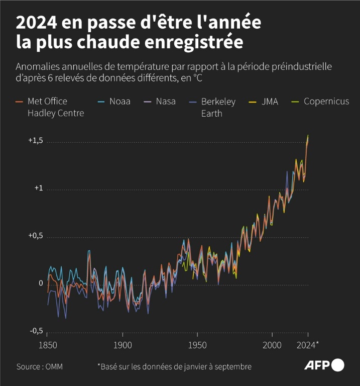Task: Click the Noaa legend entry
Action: tap(116, 102)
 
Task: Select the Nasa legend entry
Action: tap(162, 102)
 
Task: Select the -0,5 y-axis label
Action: tap(36, 330)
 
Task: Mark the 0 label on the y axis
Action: tap(41, 283)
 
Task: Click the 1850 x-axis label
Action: tap(47, 346)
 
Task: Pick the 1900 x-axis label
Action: tap(122, 346)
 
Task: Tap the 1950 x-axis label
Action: tap(197, 346)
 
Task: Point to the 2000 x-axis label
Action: tap(272, 346)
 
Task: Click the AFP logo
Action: tap(324, 365)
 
